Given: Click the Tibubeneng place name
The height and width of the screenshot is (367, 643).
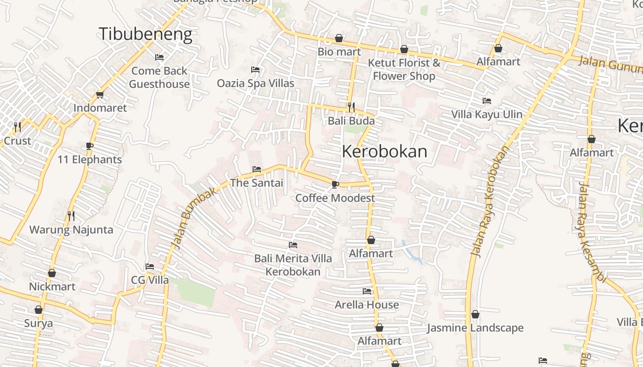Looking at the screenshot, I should pyautogui.click(x=145, y=34).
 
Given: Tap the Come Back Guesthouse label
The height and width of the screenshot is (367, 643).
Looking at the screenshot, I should pyautogui.click(x=159, y=77).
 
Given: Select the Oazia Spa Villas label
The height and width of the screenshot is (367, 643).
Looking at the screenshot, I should pyautogui.click(x=255, y=83).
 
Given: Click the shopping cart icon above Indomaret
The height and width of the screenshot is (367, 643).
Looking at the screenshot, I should pyautogui.click(x=100, y=95).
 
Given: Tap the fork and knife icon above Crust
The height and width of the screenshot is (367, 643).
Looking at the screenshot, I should pyautogui.click(x=17, y=127).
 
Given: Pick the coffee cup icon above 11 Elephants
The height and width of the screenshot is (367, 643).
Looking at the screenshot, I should pyautogui.click(x=90, y=146).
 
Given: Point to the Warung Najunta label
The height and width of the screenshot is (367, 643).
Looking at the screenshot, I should pyautogui.click(x=71, y=229).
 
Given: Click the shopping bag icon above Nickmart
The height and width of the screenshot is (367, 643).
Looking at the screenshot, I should pyautogui.click(x=52, y=273).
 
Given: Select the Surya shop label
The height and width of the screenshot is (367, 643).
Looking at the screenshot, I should pyautogui.click(x=39, y=323).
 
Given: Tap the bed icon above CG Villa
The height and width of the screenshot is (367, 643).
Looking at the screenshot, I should pyautogui.click(x=150, y=267).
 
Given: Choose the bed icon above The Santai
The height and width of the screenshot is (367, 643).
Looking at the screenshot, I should pyautogui.click(x=257, y=170).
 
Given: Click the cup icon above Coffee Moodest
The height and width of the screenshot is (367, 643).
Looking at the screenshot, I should pyautogui.click(x=335, y=184).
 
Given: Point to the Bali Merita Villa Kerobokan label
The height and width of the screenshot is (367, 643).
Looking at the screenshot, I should pyautogui.click(x=293, y=265).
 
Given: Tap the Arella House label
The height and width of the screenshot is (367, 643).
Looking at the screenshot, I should pyautogui.click(x=367, y=305).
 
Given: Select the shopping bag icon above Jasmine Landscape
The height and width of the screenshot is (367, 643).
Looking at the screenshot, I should pyautogui.click(x=475, y=315).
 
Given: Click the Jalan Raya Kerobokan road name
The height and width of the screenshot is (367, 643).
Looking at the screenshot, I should pyautogui.click(x=490, y=202).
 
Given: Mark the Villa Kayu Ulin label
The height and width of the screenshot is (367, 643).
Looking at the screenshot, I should pyautogui.click(x=487, y=114).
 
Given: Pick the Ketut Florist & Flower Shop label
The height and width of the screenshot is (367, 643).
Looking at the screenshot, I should pyautogui.click(x=404, y=69).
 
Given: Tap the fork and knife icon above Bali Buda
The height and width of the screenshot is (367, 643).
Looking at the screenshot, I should pyautogui.click(x=351, y=107).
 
